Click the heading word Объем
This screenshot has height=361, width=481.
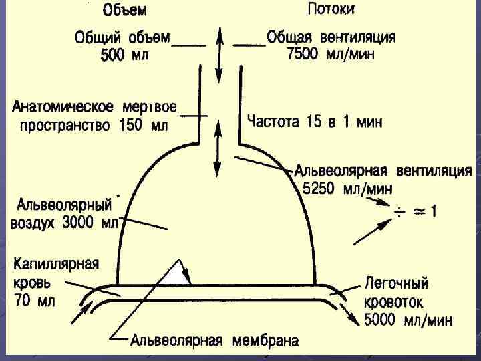coord(125,11)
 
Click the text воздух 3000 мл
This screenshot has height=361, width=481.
coord(63,223)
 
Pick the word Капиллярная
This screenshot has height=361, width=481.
coord(56,263)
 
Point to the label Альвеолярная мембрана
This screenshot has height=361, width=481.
coord(214,340)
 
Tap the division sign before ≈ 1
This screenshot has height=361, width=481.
coord(399,213)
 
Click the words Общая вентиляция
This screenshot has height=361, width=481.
coord(331,37)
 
